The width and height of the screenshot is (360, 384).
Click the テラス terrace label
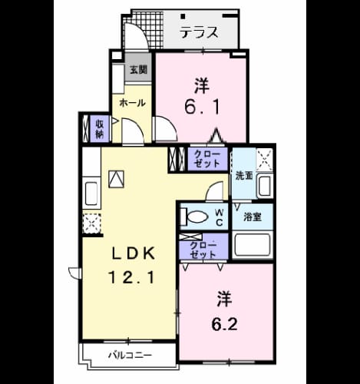pyautogui.click(x=199, y=32)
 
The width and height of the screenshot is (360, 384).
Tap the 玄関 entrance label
pyautogui.click(x=138, y=69)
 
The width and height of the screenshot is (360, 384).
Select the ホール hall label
pyautogui.click(x=133, y=103)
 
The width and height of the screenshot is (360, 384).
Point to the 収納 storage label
pyautogui.click(x=100, y=129)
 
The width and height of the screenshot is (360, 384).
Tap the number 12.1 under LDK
pyautogui.click(x=131, y=277)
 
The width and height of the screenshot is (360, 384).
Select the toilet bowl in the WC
pyautogui.click(x=197, y=217)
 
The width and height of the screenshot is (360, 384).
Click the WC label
pyautogui.click(x=219, y=217)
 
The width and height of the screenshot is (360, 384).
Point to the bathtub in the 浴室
pyautogui.click(x=253, y=245)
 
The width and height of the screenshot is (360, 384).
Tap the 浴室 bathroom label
pyautogui.click(x=253, y=217)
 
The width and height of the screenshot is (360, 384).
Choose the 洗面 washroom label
pyautogui.click(x=244, y=176)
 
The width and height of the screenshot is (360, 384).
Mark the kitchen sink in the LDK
pyautogui.click(x=91, y=194)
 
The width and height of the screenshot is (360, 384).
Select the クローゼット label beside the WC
pyautogui.click(x=203, y=250)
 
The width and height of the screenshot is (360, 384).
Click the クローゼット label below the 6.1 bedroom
pyautogui.click(x=206, y=159)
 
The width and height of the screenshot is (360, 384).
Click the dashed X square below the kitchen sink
pyautogui.click(x=92, y=223)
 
